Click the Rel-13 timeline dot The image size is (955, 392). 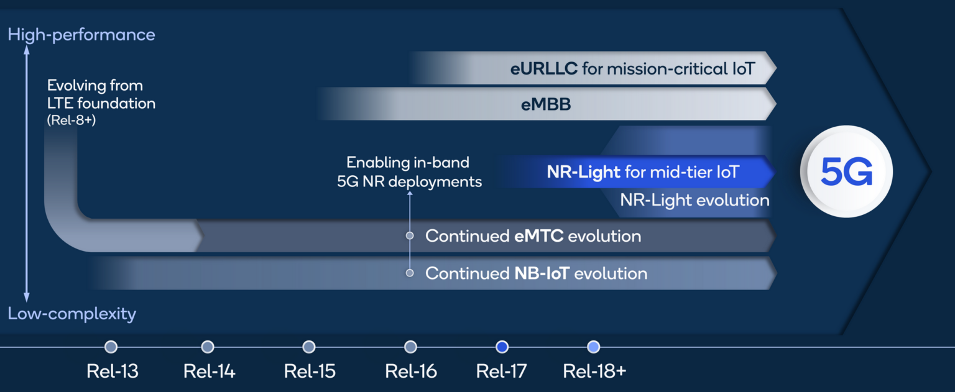(x=111, y=347)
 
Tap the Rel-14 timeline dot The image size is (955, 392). (x=208, y=347)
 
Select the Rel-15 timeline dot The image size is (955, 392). (x=309, y=347)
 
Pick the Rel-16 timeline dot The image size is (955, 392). (x=410, y=347)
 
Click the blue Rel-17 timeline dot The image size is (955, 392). (x=502, y=347)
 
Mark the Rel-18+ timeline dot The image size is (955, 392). (x=594, y=347)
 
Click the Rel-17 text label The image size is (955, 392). (x=501, y=371)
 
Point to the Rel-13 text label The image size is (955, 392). (x=113, y=371)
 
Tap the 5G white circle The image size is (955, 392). (x=847, y=171)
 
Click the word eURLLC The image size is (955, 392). (x=543, y=68)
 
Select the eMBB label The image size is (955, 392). (x=546, y=105)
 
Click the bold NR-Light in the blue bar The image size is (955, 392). (x=583, y=171)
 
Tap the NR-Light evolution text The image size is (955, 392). (x=694, y=200)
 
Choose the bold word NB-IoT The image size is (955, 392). (x=542, y=273)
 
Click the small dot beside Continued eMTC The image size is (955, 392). (x=410, y=236)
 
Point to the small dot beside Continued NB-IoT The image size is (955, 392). (x=410, y=273)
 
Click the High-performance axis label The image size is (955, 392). (x=81, y=35)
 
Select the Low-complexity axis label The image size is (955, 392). (x=72, y=314)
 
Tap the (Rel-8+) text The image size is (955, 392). (x=71, y=121)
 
